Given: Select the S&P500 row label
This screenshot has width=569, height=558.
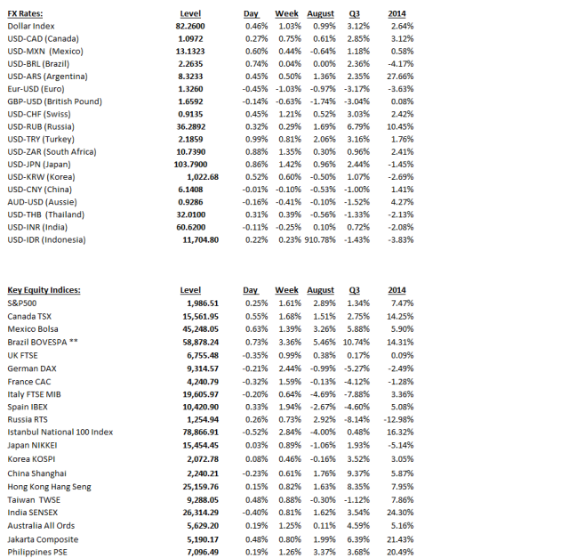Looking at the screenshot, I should point(25,303).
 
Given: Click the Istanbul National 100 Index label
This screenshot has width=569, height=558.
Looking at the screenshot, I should point(60,432).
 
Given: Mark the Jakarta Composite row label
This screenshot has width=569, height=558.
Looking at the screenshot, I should point(44,539).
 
